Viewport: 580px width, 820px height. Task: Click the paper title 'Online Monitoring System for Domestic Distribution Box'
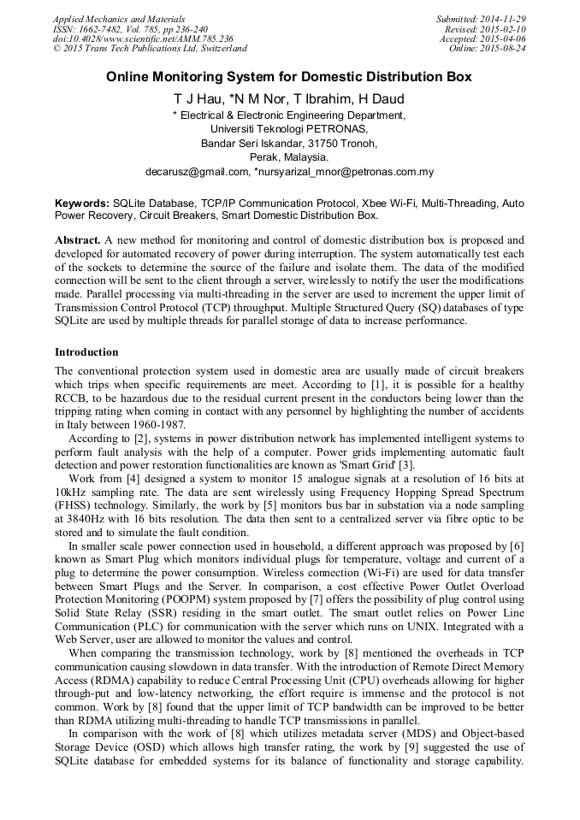pyautogui.click(x=289, y=77)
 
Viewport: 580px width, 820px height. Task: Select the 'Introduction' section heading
pyautogui.click(x=86, y=352)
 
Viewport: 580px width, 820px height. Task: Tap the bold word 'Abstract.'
pyautogui.click(x=80, y=240)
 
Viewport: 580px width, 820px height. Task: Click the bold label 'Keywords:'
pyautogui.click(x=82, y=204)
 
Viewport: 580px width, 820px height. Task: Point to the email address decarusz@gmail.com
pyautogui.click(x=196, y=172)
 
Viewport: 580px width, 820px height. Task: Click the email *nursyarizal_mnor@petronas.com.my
pyautogui.click(x=345, y=172)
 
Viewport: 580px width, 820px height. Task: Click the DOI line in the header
pyautogui.click(x=143, y=38)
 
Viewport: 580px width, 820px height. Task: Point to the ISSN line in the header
pyautogui.click(x=130, y=29)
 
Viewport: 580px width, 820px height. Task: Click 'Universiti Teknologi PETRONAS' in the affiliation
pyautogui.click(x=289, y=129)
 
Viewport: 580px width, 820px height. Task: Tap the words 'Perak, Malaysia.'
pyautogui.click(x=289, y=157)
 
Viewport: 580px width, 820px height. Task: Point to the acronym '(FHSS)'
pyautogui.click(x=74, y=505)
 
